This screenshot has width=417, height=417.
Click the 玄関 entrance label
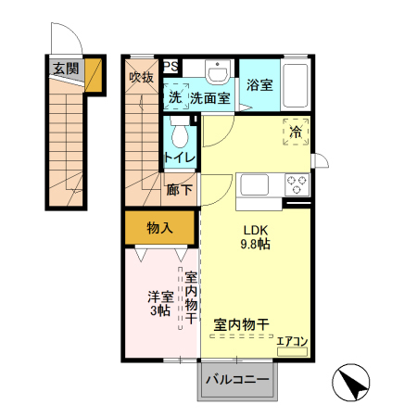click(65, 68)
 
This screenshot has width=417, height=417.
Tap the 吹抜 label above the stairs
click(141, 78)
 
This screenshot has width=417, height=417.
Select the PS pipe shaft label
click(171, 66)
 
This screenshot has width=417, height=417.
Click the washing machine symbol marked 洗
click(175, 97)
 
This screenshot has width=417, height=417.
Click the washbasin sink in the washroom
click(219, 72)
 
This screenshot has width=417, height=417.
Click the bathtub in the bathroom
click(296, 86)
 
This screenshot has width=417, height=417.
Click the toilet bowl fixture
click(180, 134)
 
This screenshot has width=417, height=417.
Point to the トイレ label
click(180, 157)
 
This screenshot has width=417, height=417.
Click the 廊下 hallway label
click(179, 190)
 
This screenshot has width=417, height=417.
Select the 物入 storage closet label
click(159, 227)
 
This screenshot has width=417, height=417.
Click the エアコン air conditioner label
click(292, 341)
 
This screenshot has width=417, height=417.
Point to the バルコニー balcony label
click(237, 380)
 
